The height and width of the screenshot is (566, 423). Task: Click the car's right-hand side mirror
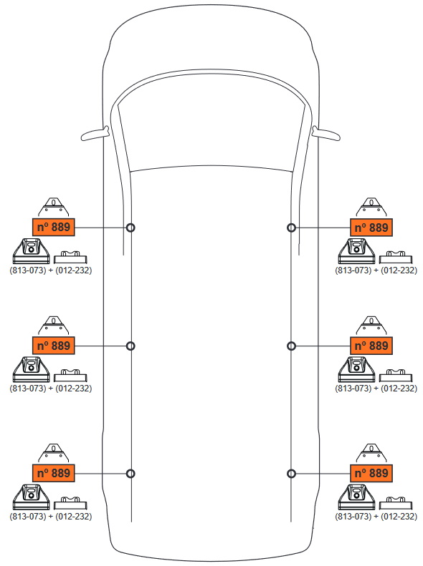pyautogui.click(x=326, y=134)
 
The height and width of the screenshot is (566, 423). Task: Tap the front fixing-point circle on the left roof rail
pyautogui.click(x=130, y=228)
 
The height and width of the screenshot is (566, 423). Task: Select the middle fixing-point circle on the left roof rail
pyautogui.click(x=130, y=346)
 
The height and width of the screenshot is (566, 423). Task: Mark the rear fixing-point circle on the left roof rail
pyautogui.click(x=130, y=474)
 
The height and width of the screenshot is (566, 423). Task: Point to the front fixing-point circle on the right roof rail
pyautogui.click(x=291, y=228)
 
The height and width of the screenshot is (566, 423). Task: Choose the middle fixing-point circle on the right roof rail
pyautogui.click(x=291, y=346)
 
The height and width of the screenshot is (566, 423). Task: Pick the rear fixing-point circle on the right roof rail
pyautogui.click(x=291, y=474)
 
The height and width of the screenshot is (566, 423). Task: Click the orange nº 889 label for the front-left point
pyautogui.click(x=54, y=227)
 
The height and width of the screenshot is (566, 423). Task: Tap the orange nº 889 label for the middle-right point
pyautogui.click(x=371, y=346)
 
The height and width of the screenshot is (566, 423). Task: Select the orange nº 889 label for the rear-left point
pyautogui.click(x=54, y=473)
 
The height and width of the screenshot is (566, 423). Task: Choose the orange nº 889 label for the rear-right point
pyautogui.click(x=371, y=473)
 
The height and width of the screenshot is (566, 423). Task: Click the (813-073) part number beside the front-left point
pyautogui.click(x=28, y=270)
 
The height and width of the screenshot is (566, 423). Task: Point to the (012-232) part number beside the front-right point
pyautogui.click(x=399, y=270)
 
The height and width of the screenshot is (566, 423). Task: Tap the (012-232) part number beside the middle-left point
pyautogui.click(x=73, y=389)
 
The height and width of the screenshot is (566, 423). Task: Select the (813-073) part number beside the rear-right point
pyautogui.click(x=353, y=517)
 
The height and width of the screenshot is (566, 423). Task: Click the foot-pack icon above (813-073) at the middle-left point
pyautogui.click(x=31, y=370)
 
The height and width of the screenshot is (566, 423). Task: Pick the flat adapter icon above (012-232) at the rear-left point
pyautogui.click(x=70, y=503)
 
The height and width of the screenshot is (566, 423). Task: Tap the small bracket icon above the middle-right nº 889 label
pyautogui.click(x=371, y=326)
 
